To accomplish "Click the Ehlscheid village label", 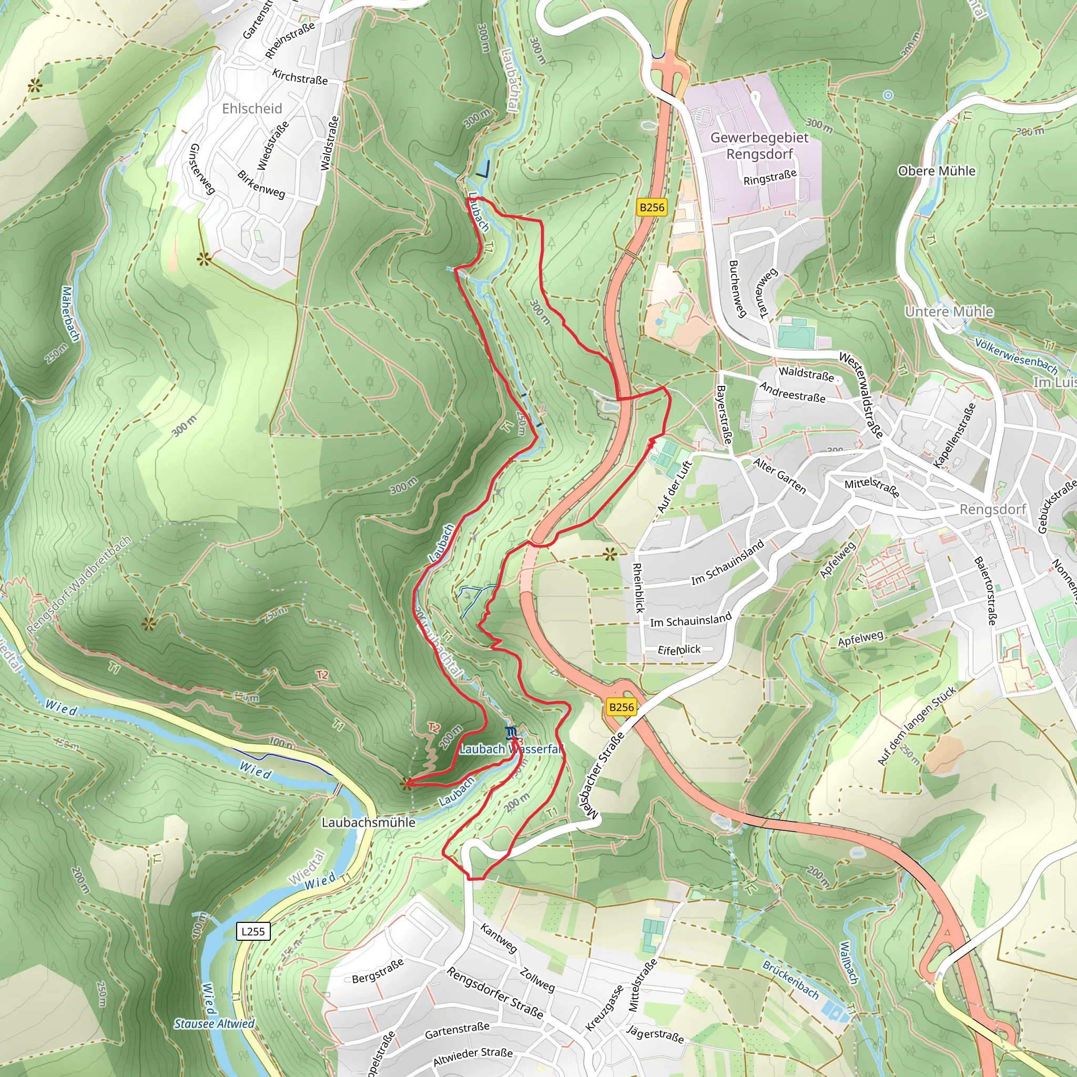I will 252,108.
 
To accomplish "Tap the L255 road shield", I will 253,931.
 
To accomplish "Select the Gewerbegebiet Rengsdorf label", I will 759,146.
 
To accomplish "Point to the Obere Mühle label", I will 937,170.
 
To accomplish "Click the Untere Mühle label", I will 949,311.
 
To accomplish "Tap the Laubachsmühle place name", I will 369,822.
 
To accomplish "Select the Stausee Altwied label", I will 214,1023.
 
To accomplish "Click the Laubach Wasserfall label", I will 510,749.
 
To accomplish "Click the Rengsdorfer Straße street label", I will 494,993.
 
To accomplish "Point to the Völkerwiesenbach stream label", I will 1015,355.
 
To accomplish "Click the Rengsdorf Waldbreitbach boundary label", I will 78,585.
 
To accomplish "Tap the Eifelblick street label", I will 678,650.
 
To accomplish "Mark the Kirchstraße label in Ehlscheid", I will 299,76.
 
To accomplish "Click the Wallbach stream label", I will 849,963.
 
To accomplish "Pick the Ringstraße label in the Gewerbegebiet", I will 769,177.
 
